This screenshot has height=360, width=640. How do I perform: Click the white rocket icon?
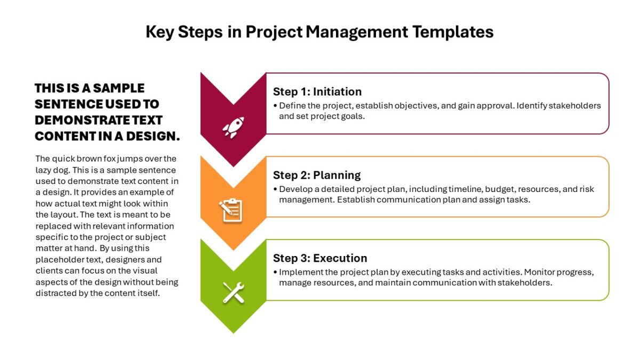click(234, 127)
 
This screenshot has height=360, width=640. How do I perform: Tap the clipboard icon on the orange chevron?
click(231, 210)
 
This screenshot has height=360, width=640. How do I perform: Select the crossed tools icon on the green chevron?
click(234, 292)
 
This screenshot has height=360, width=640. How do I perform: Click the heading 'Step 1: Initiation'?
click(317, 92)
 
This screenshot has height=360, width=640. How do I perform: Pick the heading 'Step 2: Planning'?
click(317, 175)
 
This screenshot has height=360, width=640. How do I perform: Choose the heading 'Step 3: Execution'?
click(320, 258)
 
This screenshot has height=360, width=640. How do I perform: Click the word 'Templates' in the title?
click(453, 32)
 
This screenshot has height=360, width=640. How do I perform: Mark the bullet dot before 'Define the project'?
click(275, 106)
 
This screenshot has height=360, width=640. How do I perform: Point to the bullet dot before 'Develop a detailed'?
click(275, 189)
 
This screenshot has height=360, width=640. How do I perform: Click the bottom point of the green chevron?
click(234, 333)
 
